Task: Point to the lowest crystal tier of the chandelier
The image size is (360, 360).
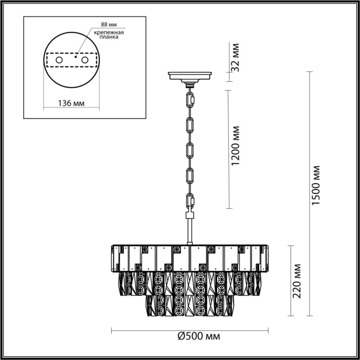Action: [x=190, y=305]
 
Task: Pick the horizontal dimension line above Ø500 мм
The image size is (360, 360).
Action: [x=190, y=330]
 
